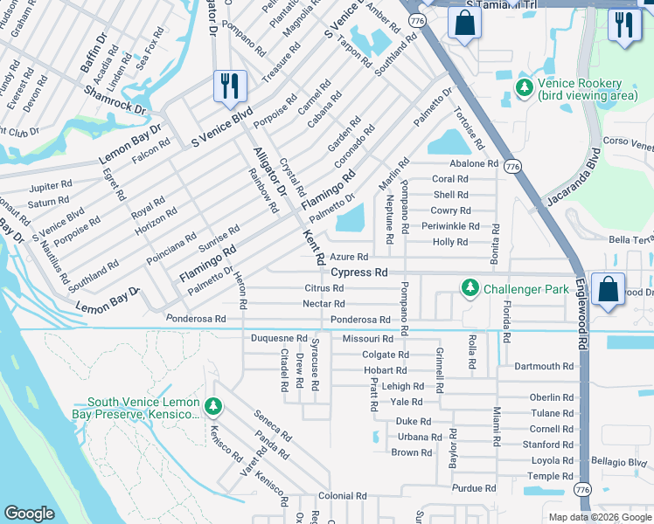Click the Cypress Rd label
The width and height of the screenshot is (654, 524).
click(x=358, y=272)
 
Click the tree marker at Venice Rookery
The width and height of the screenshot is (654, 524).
click(x=524, y=87)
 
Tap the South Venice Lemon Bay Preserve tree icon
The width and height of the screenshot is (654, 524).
click(x=213, y=406)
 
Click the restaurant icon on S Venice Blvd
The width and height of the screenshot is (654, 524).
click(x=230, y=86)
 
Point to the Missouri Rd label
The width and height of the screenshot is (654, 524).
click(x=368, y=338)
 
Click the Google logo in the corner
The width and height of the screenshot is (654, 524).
click(x=29, y=514)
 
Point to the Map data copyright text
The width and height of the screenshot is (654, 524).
click(x=598, y=517)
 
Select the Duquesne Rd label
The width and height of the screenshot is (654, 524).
click(x=279, y=338)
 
